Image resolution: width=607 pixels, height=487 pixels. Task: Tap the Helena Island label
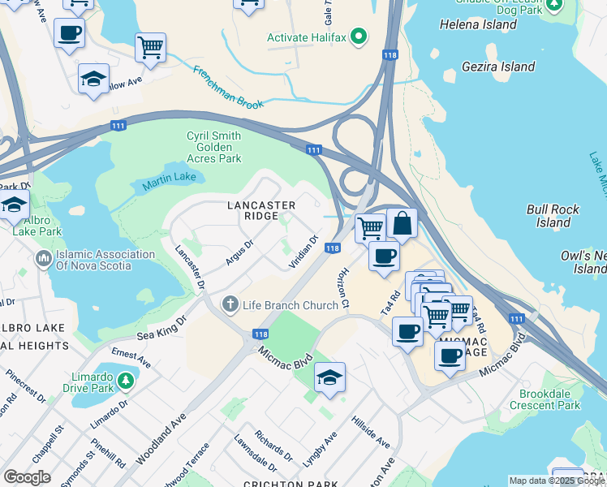pyautogui.click(x=478, y=24)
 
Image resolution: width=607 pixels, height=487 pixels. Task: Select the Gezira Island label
pyautogui.click(x=498, y=67)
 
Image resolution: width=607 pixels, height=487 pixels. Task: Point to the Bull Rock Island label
pyautogui.click(x=553, y=216)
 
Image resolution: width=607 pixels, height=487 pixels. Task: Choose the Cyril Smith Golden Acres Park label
pyautogui.click(x=214, y=147)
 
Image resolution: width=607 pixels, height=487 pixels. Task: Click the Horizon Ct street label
pyautogui.click(x=344, y=288)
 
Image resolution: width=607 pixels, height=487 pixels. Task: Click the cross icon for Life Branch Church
pyautogui.click(x=230, y=305)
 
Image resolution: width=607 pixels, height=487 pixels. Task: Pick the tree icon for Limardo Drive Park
pyautogui.click(x=125, y=380)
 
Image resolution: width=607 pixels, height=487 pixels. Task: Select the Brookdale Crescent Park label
pyautogui.click(x=550, y=399)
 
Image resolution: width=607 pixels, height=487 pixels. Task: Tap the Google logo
pyautogui.click(x=27, y=477)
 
